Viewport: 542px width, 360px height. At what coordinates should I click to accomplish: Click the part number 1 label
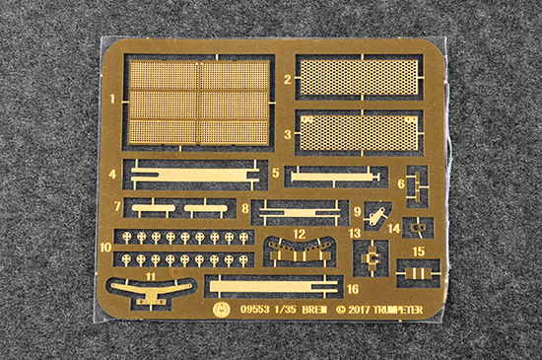[x=112, y=99]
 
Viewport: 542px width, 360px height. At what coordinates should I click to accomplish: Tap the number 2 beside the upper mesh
[x=288, y=80]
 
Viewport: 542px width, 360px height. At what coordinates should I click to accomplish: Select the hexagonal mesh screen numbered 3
[x=359, y=133]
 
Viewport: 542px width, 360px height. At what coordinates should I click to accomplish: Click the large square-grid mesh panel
[x=199, y=103]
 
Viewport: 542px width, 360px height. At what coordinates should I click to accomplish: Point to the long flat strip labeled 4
[x=195, y=175]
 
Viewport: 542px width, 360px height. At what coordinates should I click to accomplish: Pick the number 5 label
[x=276, y=173]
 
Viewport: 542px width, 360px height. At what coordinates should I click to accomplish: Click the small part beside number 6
[x=417, y=185]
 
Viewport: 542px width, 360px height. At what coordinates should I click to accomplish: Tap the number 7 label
[x=117, y=207]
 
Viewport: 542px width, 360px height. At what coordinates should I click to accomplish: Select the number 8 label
[x=245, y=208]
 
